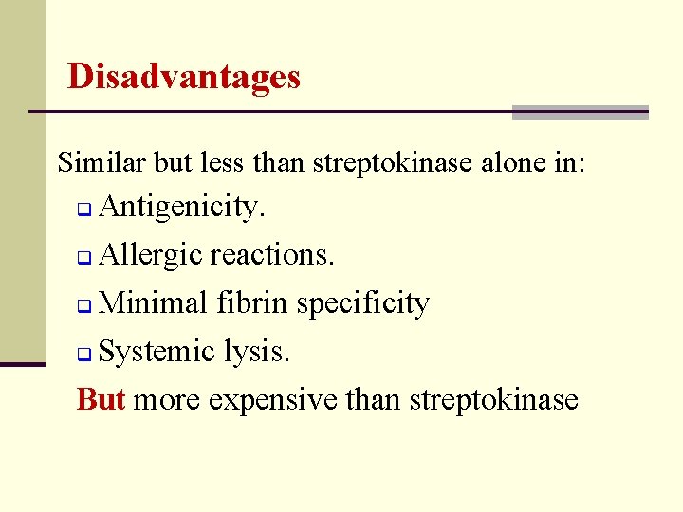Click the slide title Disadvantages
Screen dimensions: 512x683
[x=184, y=76]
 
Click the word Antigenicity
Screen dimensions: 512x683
[x=181, y=207]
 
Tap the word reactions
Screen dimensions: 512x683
[x=272, y=255]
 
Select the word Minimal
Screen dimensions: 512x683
[x=153, y=303]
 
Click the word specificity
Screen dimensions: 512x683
[x=362, y=304]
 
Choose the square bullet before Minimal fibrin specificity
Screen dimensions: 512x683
[x=83, y=306]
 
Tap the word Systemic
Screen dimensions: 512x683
[x=157, y=352]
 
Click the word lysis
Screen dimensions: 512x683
[x=258, y=352]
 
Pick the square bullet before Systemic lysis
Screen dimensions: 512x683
[x=83, y=355]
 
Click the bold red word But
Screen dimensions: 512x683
[x=101, y=399]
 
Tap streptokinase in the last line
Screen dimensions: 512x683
[x=493, y=399]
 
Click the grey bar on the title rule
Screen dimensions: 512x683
[x=580, y=113]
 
